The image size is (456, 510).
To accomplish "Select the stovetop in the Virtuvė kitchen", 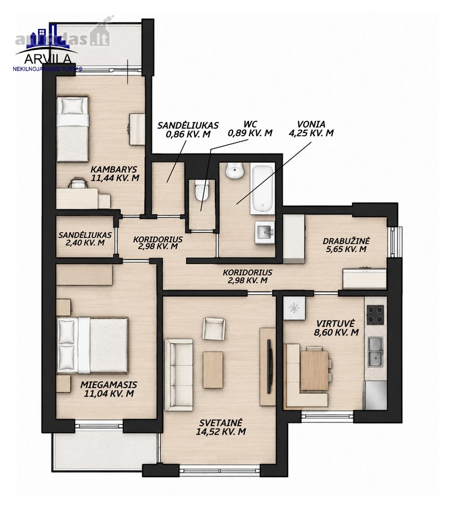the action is click(375, 315).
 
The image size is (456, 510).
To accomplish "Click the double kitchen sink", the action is click(375, 352).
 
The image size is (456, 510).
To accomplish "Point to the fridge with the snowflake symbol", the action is click(294, 308).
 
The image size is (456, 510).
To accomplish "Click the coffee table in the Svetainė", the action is click(213, 369).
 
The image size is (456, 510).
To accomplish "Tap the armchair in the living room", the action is click(213, 329).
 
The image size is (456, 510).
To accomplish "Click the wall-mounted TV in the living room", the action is click(269, 366).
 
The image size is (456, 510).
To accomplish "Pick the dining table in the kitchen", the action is click(314, 371).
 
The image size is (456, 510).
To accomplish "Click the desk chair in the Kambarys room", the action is click(78, 183).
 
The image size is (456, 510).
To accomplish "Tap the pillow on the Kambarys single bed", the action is click(72, 105).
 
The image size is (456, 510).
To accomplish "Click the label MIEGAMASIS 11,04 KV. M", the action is click(109, 389).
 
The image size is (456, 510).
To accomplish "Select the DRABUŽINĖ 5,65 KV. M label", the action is click(347, 245).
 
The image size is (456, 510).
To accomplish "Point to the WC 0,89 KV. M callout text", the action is click(250, 129).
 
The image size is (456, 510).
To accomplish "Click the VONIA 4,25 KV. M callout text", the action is click(311, 129).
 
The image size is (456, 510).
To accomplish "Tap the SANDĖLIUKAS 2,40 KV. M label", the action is click(85, 239).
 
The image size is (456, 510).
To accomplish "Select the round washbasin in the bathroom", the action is click(235, 171).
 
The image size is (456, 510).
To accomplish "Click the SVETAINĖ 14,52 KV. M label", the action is click(221, 427).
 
